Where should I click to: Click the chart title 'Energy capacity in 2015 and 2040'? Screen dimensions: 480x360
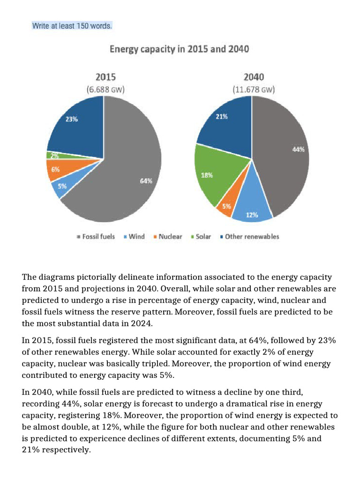coord(179,49)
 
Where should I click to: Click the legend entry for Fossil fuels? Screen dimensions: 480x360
coord(96,237)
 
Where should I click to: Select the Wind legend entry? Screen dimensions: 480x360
coord(134,237)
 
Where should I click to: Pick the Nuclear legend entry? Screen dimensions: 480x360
coord(167,237)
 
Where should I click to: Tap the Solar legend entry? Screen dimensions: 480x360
coord(201,237)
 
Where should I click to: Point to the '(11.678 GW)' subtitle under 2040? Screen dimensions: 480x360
coord(254,89)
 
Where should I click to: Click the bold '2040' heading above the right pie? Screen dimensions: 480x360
coord(254,77)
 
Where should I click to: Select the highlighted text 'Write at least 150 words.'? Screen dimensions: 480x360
coord(72,26)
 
